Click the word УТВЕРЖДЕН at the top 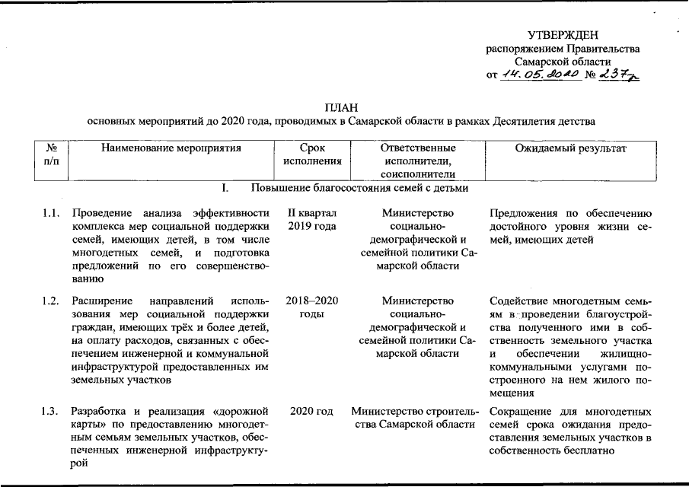click(x=563, y=35)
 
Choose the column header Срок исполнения click(x=312, y=155)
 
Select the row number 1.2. click(x=53, y=300)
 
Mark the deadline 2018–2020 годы click(x=312, y=307)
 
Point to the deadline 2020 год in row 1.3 click(x=312, y=412)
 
